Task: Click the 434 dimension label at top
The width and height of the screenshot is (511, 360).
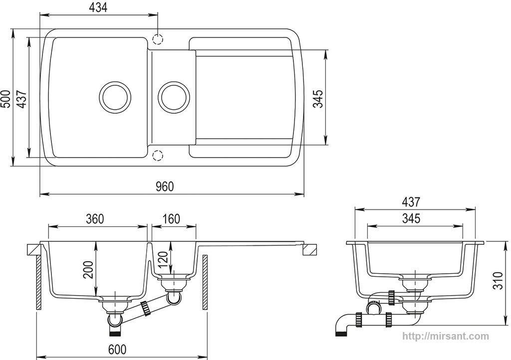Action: [98, 7]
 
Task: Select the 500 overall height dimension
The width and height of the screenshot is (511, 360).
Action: [6, 98]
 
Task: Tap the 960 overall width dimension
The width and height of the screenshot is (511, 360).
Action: [165, 186]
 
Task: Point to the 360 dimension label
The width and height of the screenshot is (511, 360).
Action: [95, 219]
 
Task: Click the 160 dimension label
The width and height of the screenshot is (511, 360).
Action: [171, 219]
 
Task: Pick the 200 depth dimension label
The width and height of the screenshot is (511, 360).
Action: [88, 270]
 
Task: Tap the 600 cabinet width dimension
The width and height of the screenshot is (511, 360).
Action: [117, 349]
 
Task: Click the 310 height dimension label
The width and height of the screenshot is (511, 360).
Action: [499, 280]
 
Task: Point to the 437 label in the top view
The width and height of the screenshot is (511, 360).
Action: [22, 99]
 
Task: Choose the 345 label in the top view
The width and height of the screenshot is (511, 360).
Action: [318, 98]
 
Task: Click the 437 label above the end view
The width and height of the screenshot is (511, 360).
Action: [411, 202]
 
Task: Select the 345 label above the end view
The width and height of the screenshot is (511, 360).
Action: [411, 218]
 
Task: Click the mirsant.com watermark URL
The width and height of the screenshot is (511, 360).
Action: [446, 336]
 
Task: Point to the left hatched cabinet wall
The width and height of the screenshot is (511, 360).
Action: [38, 282]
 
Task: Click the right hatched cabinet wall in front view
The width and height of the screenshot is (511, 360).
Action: [205, 282]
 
